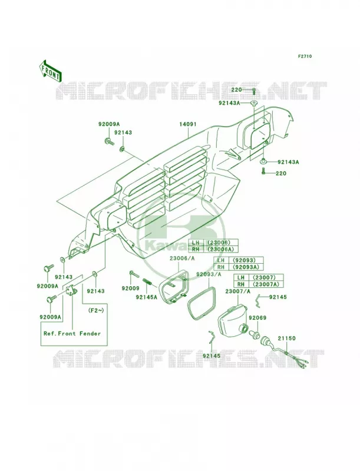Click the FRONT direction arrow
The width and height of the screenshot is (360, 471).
(x=50, y=71)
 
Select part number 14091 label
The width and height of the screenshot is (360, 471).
(x=188, y=124)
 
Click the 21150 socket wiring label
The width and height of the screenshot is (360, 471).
(x=286, y=338)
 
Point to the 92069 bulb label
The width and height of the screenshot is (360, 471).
(x=257, y=317)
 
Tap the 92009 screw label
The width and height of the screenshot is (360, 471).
(x=130, y=288)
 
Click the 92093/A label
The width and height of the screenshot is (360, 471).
(x=209, y=274)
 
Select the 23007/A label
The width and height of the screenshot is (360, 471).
(x=237, y=291)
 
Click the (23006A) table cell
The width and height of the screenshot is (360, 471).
(x=221, y=249)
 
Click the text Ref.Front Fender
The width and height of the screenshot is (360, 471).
(x=72, y=333)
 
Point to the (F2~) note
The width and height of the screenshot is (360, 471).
(x=96, y=310)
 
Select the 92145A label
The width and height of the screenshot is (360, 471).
(x=146, y=297)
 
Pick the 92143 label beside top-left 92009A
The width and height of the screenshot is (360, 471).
(x=123, y=132)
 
